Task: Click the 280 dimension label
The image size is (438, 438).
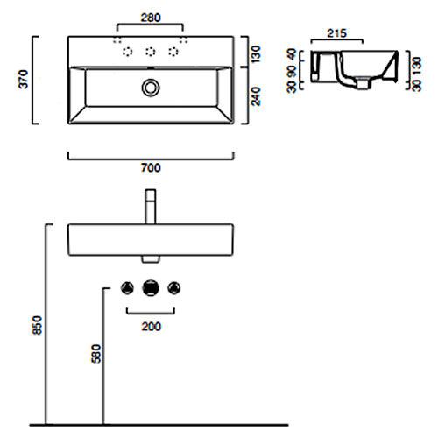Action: point(151,18)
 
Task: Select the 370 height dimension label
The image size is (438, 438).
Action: point(24,79)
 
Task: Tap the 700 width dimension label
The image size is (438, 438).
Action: point(151,168)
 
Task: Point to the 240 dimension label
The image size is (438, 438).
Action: point(256,96)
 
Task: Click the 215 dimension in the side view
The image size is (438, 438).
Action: point(336,33)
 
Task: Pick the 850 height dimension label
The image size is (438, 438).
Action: point(38,325)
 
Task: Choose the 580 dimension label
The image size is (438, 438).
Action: point(96,354)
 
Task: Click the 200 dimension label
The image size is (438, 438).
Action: point(151,327)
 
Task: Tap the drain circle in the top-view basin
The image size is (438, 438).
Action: point(151,88)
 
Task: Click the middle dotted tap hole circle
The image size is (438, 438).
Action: point(151,52)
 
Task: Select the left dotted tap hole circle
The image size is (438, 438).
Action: point(127,52)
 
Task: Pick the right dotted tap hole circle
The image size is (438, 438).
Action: point(173,52)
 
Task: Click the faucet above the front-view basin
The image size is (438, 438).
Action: point(151,207)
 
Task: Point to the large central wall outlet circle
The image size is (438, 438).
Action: point(151,288)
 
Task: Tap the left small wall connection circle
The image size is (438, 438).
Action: point(127,288)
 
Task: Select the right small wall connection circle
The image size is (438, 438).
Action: point(174,288)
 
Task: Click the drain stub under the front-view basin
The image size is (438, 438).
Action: point(151,259)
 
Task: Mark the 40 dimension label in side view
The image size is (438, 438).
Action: point(292,54)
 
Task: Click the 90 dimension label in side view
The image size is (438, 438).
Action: point(292,72)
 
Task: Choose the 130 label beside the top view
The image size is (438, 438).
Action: point(256,54)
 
